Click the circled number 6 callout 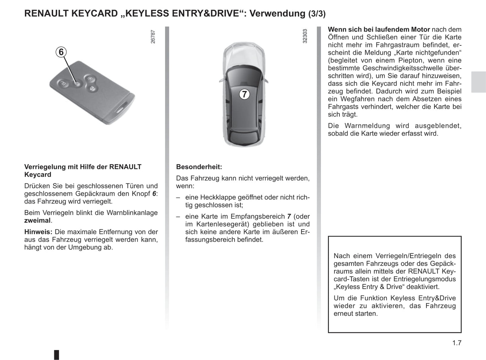[x=61, y=52]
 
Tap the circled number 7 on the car [x=245, y=94]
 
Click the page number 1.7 [x=457, y=343]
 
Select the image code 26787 [x=153, y=37]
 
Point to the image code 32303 [x=305, y=36]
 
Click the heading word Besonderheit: [x=199, y=167]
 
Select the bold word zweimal [x=37, y=221]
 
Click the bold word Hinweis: [x=38, y=232]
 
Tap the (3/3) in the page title [x=317, y=14]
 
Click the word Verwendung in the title [x=277, y=13]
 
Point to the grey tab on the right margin [x=478, y=82]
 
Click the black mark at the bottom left [x=57, y=355]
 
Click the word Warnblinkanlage [x=132, y=213]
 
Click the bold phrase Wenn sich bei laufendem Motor [x=379, y=30]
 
